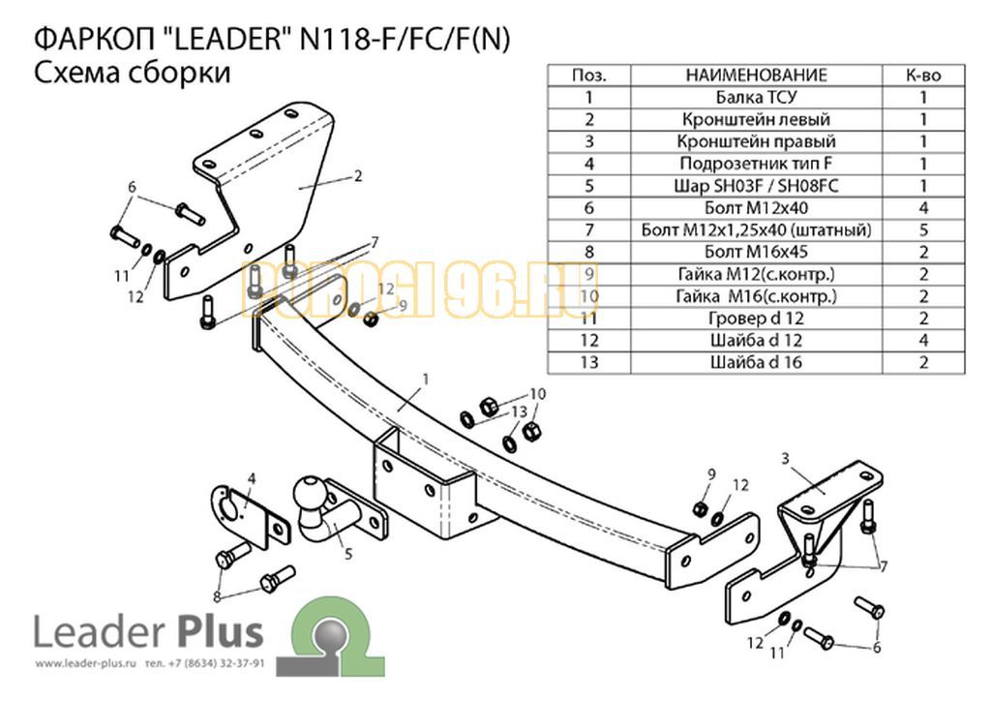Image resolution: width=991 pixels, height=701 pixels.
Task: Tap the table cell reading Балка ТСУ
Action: coord(756,98)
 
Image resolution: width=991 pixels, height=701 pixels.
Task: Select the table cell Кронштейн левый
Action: coord(756,119)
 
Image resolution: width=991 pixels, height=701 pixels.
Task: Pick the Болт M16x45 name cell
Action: coord(756,252)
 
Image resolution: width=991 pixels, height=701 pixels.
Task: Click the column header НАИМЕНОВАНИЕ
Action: coord(756,76)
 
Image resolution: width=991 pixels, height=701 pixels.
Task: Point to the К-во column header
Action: coord(922,76)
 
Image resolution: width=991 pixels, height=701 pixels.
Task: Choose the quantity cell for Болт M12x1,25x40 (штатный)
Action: coord(922,230)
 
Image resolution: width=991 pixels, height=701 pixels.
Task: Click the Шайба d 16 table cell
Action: coord(756,363)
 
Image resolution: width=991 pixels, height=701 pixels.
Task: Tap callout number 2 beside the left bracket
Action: coord(358,175)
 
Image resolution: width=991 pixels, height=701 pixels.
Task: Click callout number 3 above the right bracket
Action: coord(785,458)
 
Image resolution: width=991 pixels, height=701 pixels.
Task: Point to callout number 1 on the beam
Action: coord(426,380)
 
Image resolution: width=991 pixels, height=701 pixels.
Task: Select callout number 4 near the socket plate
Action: coord(252,478)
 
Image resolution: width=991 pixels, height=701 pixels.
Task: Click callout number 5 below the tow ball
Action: coord(347,555)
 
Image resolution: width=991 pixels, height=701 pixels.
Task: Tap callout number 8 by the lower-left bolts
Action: coord(217,596)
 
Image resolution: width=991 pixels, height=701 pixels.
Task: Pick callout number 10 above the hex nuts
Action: coord(537,394)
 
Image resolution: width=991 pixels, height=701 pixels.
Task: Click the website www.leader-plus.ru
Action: coord(86,663)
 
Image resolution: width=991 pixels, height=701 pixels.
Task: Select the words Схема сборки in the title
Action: coord(132,73)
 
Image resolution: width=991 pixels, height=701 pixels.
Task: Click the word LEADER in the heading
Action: coord(227,39)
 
